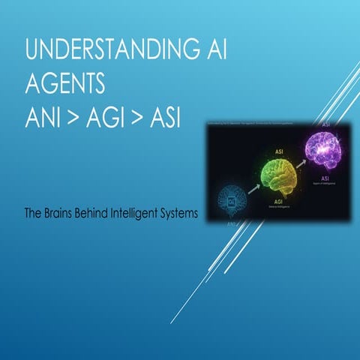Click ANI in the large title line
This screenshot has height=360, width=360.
click(46, 117)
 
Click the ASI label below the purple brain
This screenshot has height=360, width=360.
click(324, 178)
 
